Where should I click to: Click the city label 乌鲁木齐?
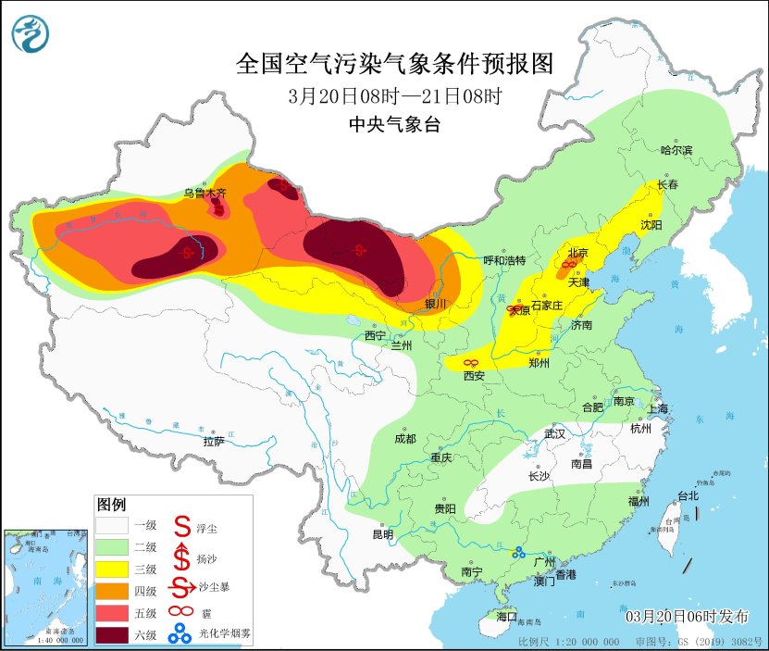coord(204,193)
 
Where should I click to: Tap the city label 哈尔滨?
coord(676,149)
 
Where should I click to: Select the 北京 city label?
coord(577,252)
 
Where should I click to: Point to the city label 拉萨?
coord(214,441)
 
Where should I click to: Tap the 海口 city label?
coord(506,616)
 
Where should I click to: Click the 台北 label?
coord(688,495)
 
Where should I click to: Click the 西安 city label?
coord(474,375)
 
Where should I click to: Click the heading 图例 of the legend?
coord(111,505)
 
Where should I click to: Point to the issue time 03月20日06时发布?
coord(684,617)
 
